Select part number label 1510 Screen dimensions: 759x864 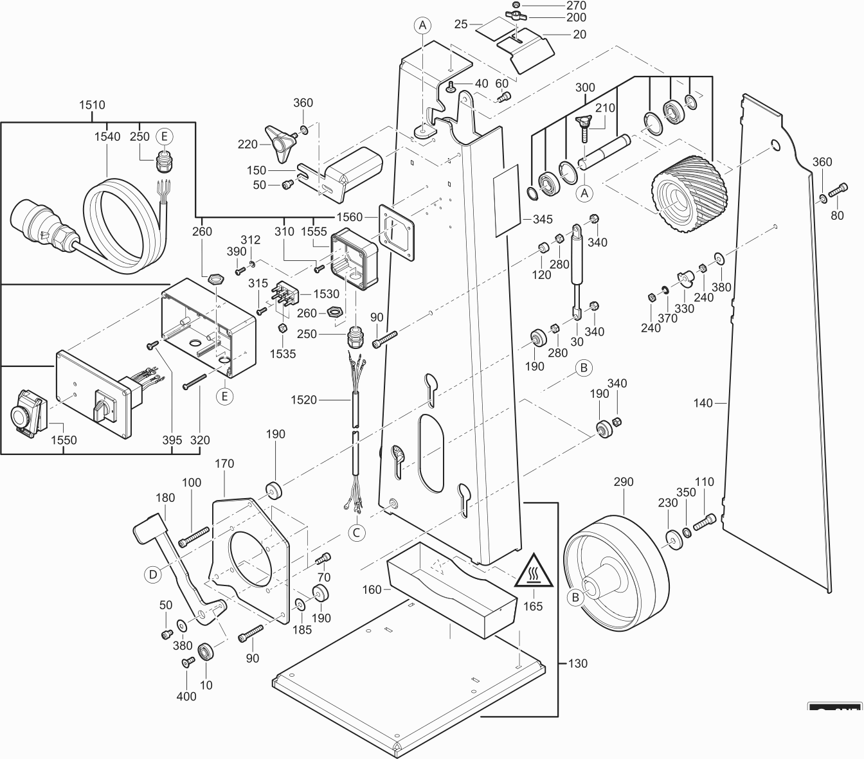pyautogui.click(x=92, y=105)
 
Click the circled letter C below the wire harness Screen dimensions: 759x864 pyautogui.click(x=356, y=532)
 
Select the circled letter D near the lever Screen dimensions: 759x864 pyautogui.click(x=152, y=574)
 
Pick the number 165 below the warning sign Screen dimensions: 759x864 pyautogui.click(x=533, y=606)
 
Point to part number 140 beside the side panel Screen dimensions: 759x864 pyautogui.click(x=703, y=403)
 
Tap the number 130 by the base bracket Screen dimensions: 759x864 pyautogui.click(x=577, y=663)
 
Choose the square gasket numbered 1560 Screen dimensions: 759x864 pyautogui.click(x=397, y=231)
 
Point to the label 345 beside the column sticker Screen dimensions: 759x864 pyautogui.click(x=543, y=219)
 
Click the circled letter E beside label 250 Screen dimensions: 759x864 pyautogui.click(x=164, y=136)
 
